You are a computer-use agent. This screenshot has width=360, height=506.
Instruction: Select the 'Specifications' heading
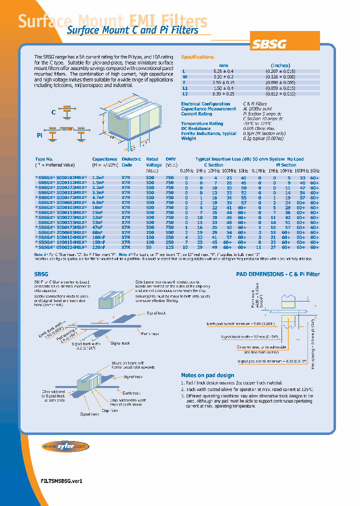pyautogui.click(x=197, y=57)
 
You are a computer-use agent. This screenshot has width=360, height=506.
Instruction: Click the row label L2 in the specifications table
pyautogui.click(x=185, y=93)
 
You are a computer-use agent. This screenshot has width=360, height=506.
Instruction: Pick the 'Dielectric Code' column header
pyautogui.click(x=127, y=161)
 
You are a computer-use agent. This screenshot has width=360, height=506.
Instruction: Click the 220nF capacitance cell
pyautogui.click(x=98, y=247)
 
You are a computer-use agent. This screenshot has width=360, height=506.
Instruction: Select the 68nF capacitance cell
pyautogui.click(x=98, y=232)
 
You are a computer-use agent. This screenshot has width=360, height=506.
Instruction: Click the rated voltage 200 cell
pyautogui.click(x=150, y=232)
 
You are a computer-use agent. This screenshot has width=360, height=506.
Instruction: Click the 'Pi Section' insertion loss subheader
pyautogui.click(x=286, y=165)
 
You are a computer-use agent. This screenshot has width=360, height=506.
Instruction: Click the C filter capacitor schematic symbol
pyautogui.click(x=66, y=112)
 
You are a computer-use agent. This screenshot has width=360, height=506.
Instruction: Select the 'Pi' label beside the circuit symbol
pyautogui.click(x=40, y=135)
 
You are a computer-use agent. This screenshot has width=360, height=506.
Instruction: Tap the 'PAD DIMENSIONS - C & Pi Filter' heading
pyautogui.click(x=277, y=274)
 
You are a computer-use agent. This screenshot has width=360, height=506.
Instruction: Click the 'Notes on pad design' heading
pyautogui.click(x=207, y=375)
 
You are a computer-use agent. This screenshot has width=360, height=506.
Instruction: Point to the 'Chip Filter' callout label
pyautogui.click(x=109, y=410)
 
